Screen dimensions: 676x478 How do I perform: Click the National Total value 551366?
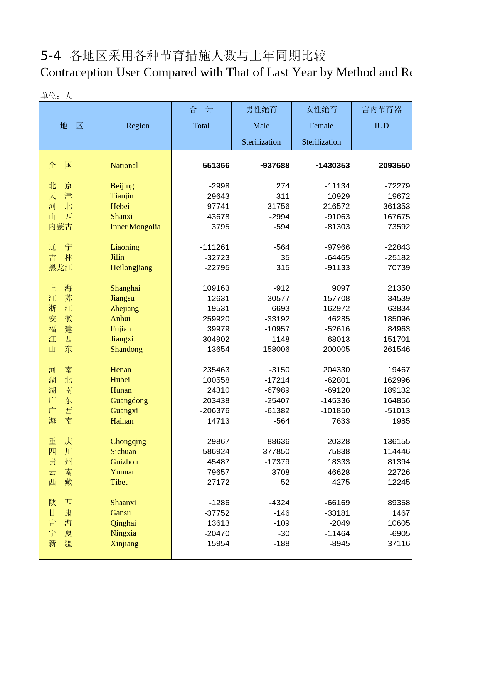coord(216,166)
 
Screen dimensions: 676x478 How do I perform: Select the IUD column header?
coord(382,126)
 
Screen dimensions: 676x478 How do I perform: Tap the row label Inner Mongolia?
coord(135,227)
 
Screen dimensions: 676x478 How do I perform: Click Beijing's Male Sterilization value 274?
coord(283,186)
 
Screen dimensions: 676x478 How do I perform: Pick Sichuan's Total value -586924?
coord(215,451)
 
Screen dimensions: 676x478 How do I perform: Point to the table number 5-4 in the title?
coord(50,56)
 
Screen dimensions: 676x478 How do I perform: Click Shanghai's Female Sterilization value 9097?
coord(341,288)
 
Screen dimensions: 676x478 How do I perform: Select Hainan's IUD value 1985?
coord(401,421)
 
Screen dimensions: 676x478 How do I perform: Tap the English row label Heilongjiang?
coord(131,267)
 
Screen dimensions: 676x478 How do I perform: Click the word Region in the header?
coord(138,126)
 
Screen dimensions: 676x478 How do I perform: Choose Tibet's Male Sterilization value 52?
coord(285,482)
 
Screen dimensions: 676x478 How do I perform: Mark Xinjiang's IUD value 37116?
coord(399,543)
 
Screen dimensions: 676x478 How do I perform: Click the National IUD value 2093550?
coord(394,166)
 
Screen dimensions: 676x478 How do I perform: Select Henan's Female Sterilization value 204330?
coord(336,370)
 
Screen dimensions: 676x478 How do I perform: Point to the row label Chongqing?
coord(128,441)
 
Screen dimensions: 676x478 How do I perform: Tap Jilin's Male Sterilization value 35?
coord(285,257)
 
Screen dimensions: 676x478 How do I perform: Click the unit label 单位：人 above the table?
coord(56,96)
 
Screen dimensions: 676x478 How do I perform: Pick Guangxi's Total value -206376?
coord(215,410)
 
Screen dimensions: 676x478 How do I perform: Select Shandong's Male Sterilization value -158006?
coord(275,349)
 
